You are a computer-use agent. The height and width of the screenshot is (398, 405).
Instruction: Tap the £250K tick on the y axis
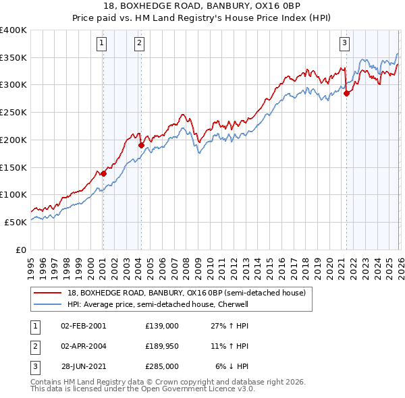pos(13,112)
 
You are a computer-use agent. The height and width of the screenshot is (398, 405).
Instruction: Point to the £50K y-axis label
pos(16,221)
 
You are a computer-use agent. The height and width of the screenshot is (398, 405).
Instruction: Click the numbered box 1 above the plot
pos(102,44)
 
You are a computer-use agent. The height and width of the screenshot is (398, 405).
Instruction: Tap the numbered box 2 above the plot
pos(139,44)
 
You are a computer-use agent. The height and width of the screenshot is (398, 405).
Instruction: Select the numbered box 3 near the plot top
pos(344,44)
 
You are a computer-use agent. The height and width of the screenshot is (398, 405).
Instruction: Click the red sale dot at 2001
pos(104,173)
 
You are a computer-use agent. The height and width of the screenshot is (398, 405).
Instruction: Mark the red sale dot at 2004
pos(141,145)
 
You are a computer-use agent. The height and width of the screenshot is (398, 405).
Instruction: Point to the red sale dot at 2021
pos(346,94)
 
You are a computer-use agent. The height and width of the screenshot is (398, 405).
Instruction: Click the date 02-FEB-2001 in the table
pos(83,326)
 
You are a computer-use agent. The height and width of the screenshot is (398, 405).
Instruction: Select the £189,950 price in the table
pos(162,346)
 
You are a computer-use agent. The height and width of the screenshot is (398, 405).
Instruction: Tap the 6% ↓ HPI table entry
pos(232,366)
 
